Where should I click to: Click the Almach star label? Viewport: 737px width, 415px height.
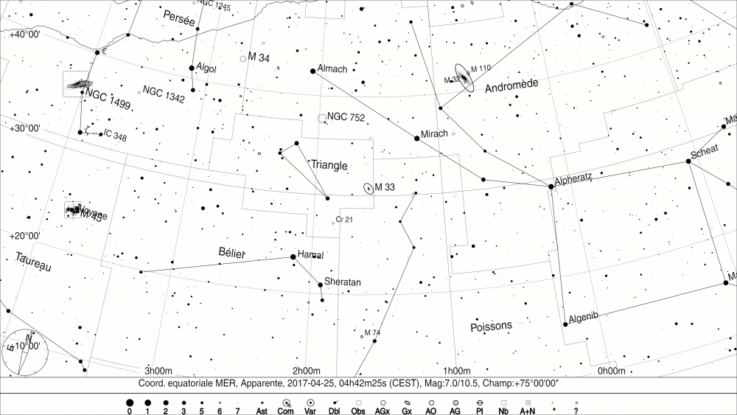tap(332, 69)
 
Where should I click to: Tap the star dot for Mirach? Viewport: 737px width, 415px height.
tap(417, 138)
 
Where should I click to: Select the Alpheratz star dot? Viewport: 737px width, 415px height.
tap(551, 186)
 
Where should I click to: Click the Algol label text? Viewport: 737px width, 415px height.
tap(207, 68)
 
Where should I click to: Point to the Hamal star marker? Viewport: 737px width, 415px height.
tap(293, 257)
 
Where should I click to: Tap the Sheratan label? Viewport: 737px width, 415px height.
tap(343, 282)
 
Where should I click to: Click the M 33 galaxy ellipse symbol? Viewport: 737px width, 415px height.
tap(368, 187)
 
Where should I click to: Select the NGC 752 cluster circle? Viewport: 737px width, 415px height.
tap(321, 118)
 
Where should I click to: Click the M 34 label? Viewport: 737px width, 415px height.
tap(259, 57)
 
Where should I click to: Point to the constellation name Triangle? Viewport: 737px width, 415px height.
tap(329, 165)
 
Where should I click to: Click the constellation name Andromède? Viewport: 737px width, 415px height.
tap(512, 86)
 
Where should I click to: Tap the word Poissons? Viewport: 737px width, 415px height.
tap(491, 326)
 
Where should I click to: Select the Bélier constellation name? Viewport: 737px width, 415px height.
tap(232, 253)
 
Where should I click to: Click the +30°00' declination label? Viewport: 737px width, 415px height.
tap(25, 128)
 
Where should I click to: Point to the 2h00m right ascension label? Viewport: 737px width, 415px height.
tap(306, 370)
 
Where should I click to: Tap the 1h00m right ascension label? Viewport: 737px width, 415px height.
tap(457, 370)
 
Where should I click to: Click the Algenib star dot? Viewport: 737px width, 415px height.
tap(565, 322)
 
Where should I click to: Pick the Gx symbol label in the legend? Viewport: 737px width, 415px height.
tap(406, 411)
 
